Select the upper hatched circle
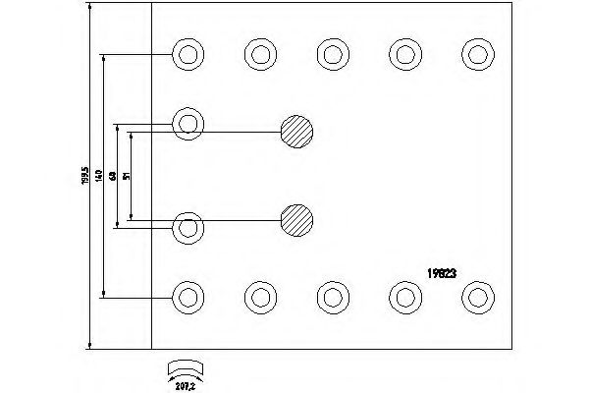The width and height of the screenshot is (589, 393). pyautogui.click(x=296, y=131)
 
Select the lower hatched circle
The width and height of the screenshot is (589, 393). pyautogui.click(x=296, y=220)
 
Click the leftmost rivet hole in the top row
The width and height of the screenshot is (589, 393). pyautogui.click(x=187, y=53)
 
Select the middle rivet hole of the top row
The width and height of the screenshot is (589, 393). pyautogui.click(x=331, y=53)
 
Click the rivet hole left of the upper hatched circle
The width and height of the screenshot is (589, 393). pyautogui.click(x=187, y=123)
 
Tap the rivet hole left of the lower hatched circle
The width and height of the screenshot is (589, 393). pyautogui.click(x=187, y=228)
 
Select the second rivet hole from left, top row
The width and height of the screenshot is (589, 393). pyautogui.click(x=259, y=53)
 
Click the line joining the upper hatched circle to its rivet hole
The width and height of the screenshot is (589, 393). pyautogui.click(x=241, y=132)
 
